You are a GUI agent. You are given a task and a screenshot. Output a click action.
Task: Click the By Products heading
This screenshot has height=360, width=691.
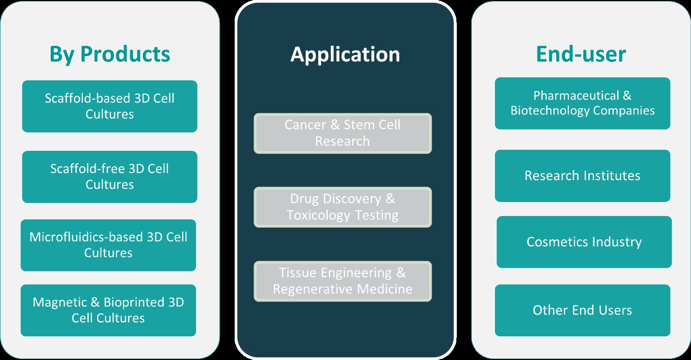pos(110,54)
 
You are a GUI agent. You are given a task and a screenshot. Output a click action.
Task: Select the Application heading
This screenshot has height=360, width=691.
pos(345,54)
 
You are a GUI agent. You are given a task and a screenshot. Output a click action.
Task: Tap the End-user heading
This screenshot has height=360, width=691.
pos(581,54)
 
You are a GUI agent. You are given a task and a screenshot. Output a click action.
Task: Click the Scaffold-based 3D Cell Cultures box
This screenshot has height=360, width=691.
pos(110,106)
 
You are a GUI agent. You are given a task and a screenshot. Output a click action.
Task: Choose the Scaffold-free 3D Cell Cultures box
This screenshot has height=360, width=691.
pos(110,177)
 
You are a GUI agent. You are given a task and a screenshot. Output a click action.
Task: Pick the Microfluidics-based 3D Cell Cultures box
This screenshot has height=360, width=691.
pos(108,245)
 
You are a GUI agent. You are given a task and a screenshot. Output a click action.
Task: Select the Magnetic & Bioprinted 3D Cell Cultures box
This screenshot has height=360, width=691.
pos(108,310)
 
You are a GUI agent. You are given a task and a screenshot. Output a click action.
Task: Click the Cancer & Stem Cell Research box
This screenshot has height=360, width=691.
pos(342,133)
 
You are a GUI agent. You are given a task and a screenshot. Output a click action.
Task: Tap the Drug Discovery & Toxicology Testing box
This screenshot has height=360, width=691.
pos(342,207)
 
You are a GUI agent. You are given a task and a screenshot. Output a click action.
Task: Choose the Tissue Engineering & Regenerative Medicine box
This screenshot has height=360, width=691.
pos(342,281)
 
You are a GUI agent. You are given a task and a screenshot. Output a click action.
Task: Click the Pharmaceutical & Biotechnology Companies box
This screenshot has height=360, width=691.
pos(582,103)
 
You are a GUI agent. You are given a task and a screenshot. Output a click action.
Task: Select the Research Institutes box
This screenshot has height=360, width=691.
pos(582,176)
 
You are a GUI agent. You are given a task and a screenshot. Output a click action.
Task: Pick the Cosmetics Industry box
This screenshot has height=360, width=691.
pos(584,242)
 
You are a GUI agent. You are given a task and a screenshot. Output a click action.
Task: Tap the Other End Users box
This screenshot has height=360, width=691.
pos(582,310)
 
